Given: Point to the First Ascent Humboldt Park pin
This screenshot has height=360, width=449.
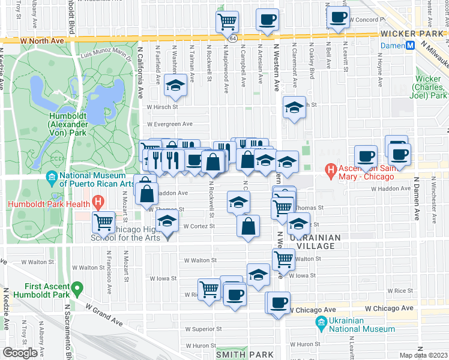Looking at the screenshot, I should [76, 290].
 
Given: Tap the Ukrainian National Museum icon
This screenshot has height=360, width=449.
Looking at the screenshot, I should [321, 324].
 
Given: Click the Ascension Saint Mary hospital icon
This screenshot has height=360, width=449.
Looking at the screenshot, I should [330, 170].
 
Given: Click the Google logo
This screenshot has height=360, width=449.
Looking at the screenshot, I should [20, 353].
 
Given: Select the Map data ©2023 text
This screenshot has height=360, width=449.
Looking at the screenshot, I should [423, 355].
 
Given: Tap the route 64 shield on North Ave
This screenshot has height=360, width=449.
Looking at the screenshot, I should [232, 38].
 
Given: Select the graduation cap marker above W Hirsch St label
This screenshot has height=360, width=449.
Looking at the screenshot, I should [175, 86].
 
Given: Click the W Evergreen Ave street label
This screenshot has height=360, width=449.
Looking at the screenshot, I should [170, 124].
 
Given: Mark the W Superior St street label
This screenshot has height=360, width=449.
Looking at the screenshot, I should [203, 329].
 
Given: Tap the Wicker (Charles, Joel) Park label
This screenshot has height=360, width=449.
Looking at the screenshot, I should [432, 87].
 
